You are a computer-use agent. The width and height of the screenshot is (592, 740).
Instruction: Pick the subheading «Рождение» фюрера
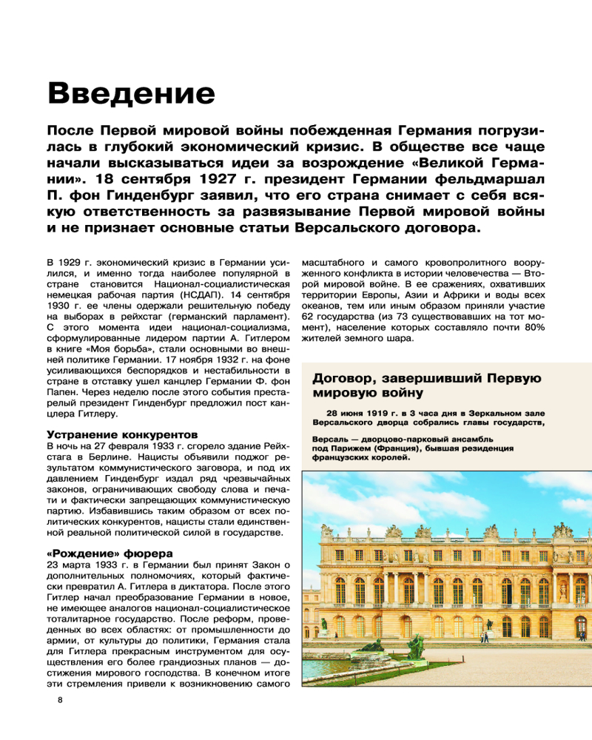click(110, 553)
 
